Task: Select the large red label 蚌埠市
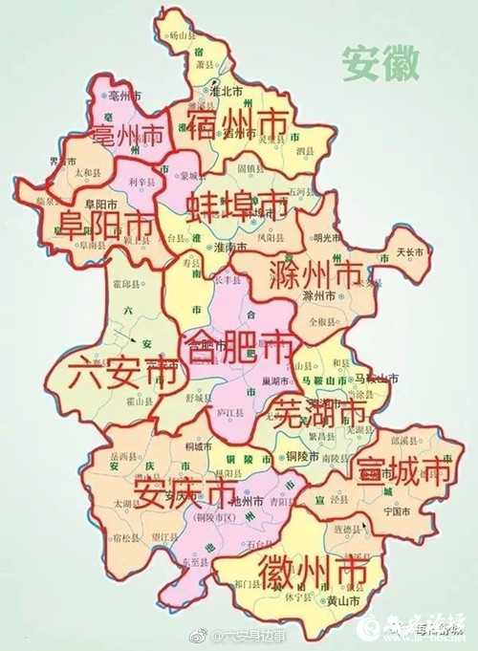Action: (238, 205)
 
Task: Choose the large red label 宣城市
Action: (402, 470)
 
